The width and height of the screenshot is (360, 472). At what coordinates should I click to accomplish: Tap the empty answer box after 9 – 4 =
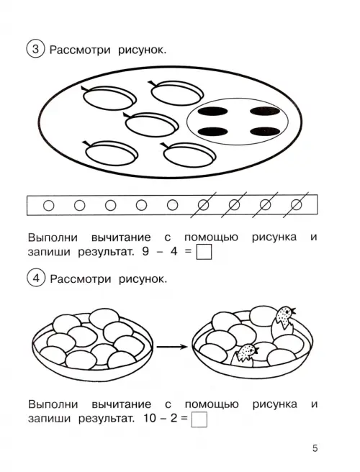tap(204, 252)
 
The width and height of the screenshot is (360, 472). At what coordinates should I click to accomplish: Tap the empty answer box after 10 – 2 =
tap(199, 419)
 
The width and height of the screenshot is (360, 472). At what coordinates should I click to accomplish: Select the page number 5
tap(315, 448)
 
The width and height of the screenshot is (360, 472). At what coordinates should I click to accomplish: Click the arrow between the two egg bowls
tap(172, 347)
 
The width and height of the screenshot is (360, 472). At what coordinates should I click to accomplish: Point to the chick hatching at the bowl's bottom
tap(245, 354)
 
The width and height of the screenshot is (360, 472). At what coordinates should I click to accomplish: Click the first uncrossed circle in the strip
tap(49, 206)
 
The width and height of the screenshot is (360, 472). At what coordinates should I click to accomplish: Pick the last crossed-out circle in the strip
tap(297, 205)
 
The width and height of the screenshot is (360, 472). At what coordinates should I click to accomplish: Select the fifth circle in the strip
tap(172, 205)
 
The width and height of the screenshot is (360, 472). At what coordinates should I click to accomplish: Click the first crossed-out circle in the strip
tap(203, 205)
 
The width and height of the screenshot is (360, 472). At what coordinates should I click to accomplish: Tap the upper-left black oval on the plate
tap(212, 112)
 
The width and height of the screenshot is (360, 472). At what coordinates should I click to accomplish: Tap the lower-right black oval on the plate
tap(265, 132)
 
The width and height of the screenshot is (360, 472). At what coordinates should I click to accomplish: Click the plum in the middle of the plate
tap(150, 124)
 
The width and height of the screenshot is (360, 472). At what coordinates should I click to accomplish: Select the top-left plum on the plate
tap(109, 97)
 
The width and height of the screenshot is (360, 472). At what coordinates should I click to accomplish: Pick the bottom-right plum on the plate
tap(189, 154)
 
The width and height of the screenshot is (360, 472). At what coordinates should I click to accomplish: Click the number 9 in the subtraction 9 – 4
tap(145, 251)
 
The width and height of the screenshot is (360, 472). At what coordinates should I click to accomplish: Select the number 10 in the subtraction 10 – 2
tap(149, 418)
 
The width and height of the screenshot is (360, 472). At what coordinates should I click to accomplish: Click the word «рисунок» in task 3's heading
tap(142, 50)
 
